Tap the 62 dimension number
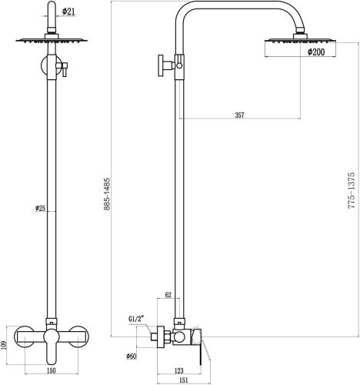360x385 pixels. [168, 296]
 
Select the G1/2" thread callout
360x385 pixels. [139, 316]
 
